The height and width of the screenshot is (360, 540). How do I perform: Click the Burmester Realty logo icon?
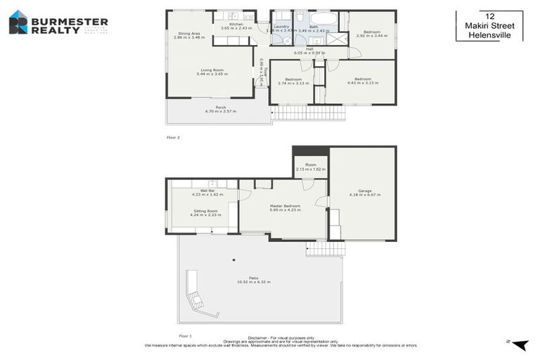tap(18, 22)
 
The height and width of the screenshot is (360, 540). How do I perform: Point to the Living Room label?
tap(211, 72)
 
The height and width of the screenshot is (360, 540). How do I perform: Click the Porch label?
tap(220, 109)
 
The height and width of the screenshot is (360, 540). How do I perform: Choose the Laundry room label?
tap(281, 28)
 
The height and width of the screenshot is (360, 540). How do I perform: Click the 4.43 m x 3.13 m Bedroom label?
tap(363, 81)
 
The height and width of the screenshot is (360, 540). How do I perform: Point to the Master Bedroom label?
tap(285, 207)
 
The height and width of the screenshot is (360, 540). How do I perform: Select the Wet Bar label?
tap(207, 192)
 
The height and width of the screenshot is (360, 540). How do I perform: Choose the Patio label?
tap(252, 280)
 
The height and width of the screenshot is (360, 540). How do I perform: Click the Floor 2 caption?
tap(173, 137)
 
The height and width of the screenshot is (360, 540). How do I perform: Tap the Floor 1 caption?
tap(186, 336)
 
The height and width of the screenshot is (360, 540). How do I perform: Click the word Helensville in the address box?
tap(489, 35)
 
